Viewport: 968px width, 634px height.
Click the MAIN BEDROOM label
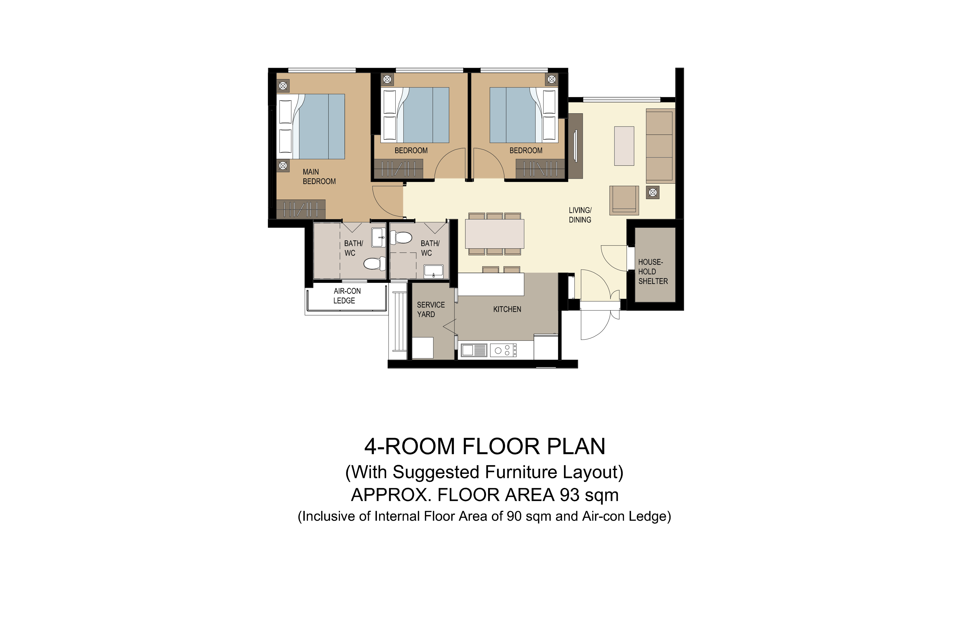(319, 177)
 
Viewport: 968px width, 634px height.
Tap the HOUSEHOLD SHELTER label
(653, 272)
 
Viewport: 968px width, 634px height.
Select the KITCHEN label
(507, 309)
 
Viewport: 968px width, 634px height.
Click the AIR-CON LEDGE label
(347, 296)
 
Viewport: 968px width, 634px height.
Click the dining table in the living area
(494, 234)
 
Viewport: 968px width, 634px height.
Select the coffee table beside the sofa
(624, 146)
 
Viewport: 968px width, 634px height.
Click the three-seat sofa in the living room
(660, 146)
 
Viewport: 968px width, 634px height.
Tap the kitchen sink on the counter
(474, 350)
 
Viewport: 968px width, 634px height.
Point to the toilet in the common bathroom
(401, 237)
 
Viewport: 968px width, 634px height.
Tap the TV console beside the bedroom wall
(575, 146)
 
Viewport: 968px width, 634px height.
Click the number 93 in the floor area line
(570, 495)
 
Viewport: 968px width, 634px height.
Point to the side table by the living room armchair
(652, 193)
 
